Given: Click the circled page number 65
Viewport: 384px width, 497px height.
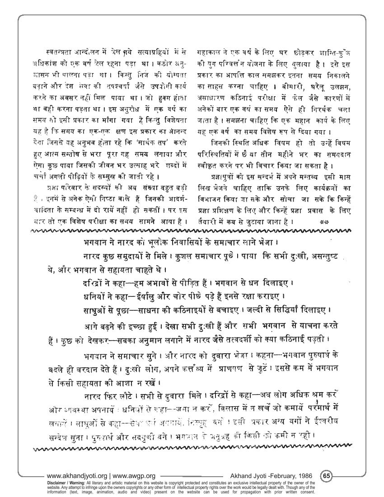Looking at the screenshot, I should click(327, 476).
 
